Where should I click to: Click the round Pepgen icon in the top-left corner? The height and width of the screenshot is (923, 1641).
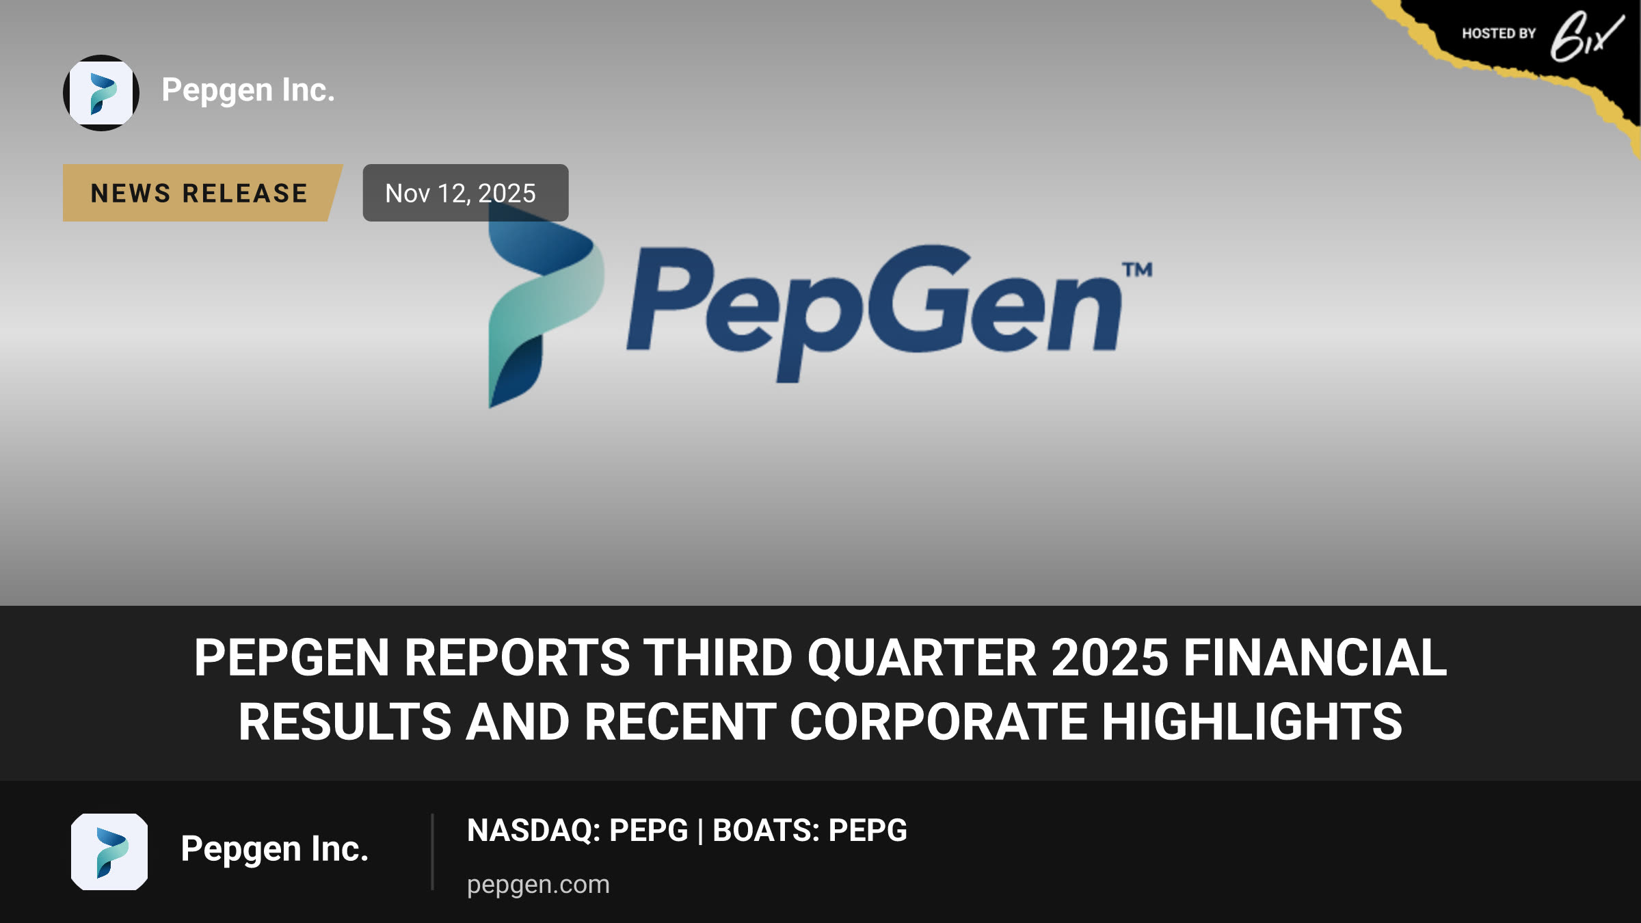pos(101,93)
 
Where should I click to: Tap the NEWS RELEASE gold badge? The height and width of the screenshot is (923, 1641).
pos(202,193)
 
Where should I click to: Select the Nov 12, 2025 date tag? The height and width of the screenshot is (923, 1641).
pos(465,193)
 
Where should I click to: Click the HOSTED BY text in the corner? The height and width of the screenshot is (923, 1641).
pos(1499,34)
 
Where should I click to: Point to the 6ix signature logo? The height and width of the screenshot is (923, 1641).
pos(1586,37)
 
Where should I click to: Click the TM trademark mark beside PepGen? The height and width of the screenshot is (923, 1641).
pos(1137,270)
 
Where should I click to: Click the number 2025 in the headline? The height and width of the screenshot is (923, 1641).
pos(1110,658)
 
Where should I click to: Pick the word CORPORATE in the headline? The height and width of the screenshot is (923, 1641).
pos(938,722)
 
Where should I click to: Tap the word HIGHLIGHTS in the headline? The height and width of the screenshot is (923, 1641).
pos(1252,722)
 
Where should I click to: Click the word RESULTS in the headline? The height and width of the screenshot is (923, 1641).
pos(345,722)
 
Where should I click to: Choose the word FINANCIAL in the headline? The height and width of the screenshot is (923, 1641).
pos(1315,658)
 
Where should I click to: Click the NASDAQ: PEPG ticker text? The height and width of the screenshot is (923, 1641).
pos(577,830)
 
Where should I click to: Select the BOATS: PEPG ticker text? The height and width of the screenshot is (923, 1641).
pos(810,830)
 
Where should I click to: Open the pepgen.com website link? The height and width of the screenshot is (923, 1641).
pos(538,885)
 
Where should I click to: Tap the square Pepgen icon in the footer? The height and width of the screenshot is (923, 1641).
pos(109,852)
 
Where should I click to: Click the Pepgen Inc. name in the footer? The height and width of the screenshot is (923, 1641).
pos(275,850)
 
